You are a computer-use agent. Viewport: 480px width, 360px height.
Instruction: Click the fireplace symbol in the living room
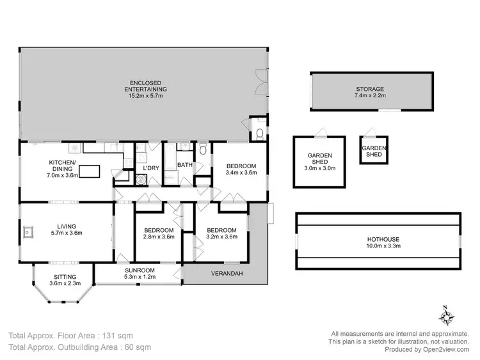point(29,231)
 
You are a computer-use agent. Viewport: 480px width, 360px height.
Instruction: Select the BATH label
point(185,165)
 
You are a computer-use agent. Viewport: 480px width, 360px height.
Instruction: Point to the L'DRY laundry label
point(150,168)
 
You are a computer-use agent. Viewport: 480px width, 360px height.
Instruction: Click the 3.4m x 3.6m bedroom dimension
point(241,173)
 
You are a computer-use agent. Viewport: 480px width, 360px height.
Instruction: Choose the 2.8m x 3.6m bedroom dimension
point(158,237)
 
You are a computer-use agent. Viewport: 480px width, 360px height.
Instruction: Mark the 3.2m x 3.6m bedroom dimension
point(222,237)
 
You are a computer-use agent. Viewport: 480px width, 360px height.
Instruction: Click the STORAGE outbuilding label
point(370,90)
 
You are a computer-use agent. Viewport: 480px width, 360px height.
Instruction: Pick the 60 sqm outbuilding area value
point(137,347)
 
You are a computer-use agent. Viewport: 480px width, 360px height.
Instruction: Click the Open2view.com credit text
point(444,349)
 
